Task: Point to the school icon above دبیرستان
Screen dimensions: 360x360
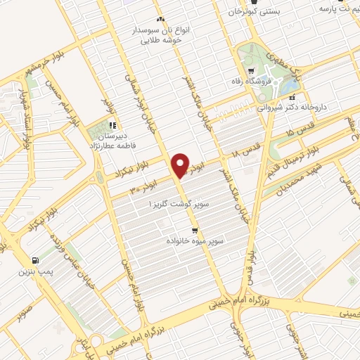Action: pyautogui.click(x=112, y=125)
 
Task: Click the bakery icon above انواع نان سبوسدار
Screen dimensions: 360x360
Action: pyautogui.click(x=161, y=18)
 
